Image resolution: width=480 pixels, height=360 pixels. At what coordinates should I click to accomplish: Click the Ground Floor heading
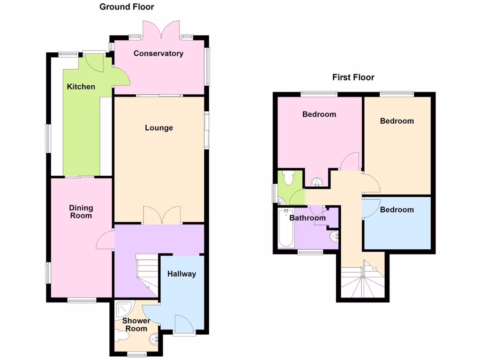point(127,7)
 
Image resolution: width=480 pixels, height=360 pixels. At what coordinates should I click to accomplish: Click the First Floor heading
point(353,77)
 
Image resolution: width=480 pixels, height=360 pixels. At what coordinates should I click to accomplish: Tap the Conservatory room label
point(158,53)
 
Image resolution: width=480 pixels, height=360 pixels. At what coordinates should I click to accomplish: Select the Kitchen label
point(81,87)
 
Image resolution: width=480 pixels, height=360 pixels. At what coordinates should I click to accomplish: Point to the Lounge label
point(159,128)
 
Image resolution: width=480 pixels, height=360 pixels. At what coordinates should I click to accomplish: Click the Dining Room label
point(81,211)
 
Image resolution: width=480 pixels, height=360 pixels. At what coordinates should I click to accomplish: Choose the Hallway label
point(181,274)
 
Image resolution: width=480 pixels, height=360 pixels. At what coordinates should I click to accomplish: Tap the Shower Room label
point(136,324)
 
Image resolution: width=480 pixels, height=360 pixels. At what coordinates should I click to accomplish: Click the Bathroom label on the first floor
point(307,218)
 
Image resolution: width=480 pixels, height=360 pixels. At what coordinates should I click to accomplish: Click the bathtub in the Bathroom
point(285,229)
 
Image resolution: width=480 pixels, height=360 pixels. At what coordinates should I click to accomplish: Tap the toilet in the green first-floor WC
point(288,178)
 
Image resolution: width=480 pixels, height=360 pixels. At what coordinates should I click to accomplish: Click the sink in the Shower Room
point(154,339)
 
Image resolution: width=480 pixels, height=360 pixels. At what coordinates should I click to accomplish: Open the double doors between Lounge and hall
point(162,215)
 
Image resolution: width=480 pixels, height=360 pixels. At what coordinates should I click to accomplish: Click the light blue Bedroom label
point(397,210)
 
